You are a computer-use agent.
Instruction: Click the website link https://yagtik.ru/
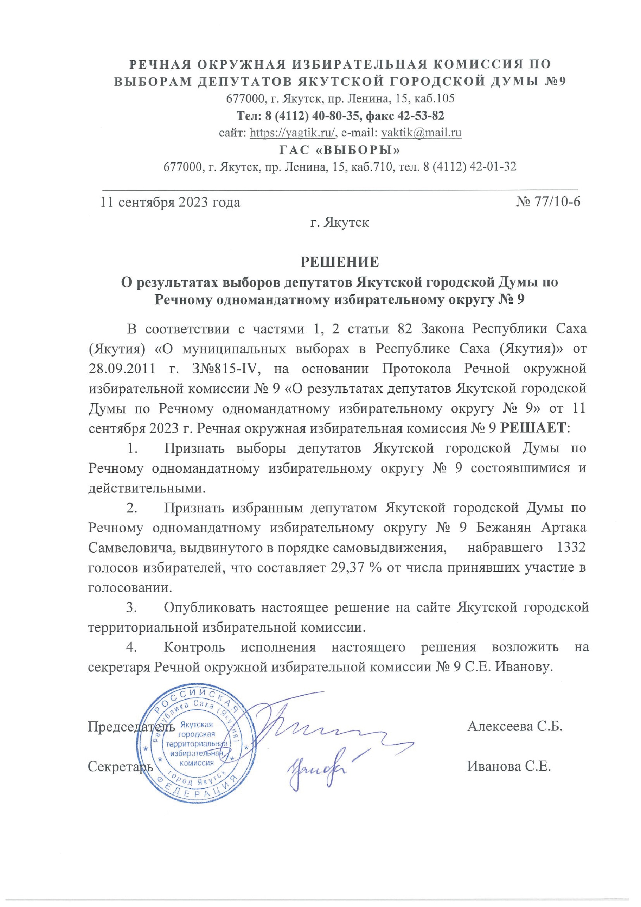[293, 133]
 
